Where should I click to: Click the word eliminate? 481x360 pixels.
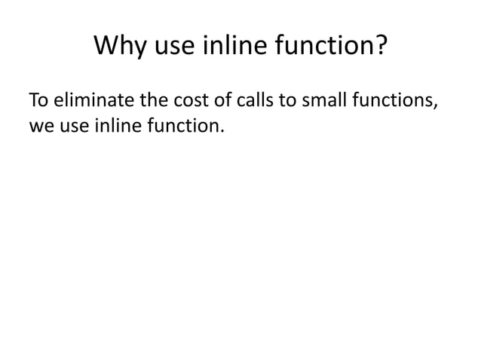coord(86,100)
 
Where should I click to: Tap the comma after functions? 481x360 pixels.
coord(434,105)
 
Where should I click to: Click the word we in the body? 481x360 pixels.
coord(40,126)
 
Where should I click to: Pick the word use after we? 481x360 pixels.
coord(73,126)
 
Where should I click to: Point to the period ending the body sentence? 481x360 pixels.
coord(222,131)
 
